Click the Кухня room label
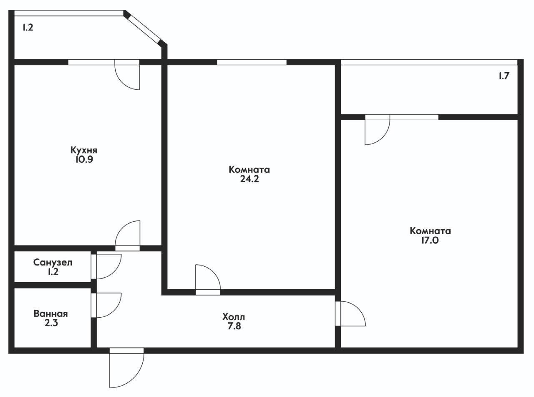(84, 150)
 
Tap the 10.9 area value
(84, 160)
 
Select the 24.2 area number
(249, 179)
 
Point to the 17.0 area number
(430, 240)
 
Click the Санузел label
(53, 262)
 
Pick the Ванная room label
(51, 314)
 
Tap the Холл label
(234, 317)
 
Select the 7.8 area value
(234, 326)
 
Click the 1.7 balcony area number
(504, 76)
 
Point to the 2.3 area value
(51, 323)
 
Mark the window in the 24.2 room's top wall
(252, 62)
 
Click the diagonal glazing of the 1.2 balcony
(144, 29)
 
